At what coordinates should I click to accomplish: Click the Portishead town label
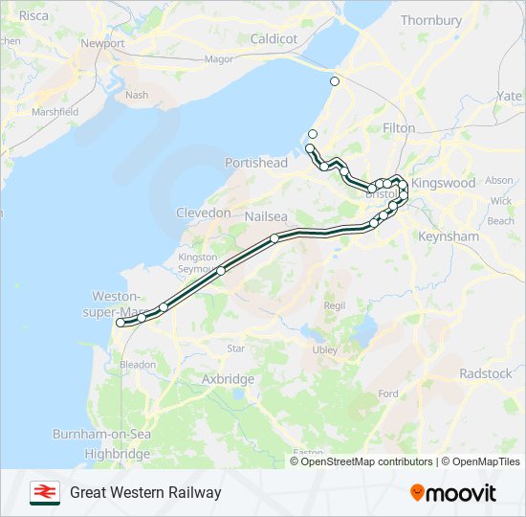tap(255, 163)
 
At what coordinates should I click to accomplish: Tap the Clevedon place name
tap(203, 213)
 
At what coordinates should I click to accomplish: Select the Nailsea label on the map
tap(267, 216)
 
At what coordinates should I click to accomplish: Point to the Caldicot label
tap(274, 39)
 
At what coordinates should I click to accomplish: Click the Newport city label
tap(102, 43)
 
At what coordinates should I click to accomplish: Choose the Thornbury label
tap(431, 20)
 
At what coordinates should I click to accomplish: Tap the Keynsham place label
tap(448, 236)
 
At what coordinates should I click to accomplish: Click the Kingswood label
tap(443, 183)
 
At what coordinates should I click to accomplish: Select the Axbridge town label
tap(228, 379)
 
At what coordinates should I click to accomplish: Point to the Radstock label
tap(485, 373)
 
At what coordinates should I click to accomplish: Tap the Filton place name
tap(399, 127)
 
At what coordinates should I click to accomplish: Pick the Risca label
tap(33, 15)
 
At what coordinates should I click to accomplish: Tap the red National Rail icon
tap(44, 492)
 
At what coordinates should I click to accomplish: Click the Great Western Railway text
tap(145, 493)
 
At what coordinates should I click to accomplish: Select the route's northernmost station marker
tap(335, 81)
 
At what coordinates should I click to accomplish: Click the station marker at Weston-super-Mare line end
tap(121, 324)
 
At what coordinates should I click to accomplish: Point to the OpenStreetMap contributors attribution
tap(364, 461)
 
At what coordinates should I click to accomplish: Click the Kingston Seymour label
tap(198, 263)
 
